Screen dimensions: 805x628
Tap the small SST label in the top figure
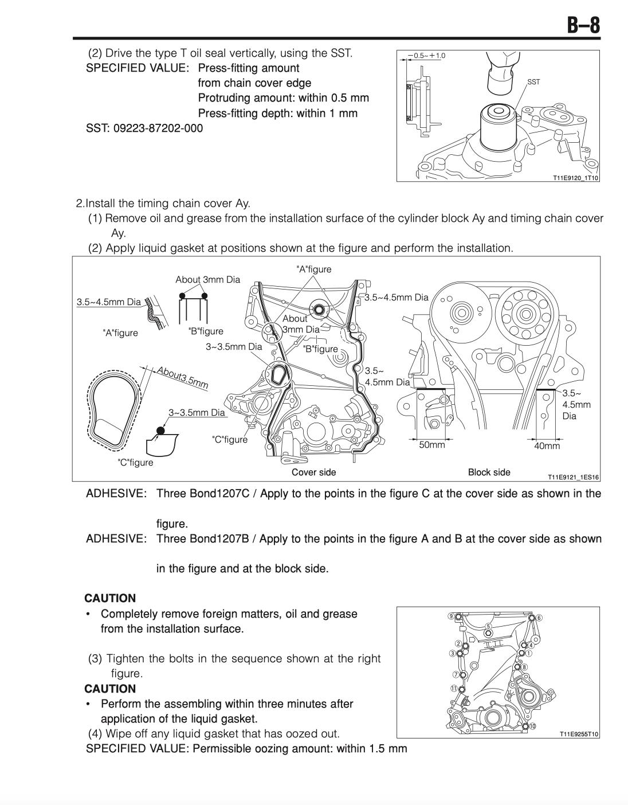pyautogui.click(x=533, y=83)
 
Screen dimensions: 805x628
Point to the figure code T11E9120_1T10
pyautogui.click(x=575, y=178)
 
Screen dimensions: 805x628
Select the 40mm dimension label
pyautogui.click(x=547, y=446)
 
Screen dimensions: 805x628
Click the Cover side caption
pyautogui.click(x=314, y=472)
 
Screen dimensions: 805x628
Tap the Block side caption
pyautogui.click(x=489, y=472)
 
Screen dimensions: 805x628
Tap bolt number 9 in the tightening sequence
pyautogui.click(x=452, y=616)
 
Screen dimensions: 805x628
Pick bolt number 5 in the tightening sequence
pyautogui.click(x=488, y=626)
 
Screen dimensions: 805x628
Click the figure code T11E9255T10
pyautogui.click(x=578, y=734)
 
